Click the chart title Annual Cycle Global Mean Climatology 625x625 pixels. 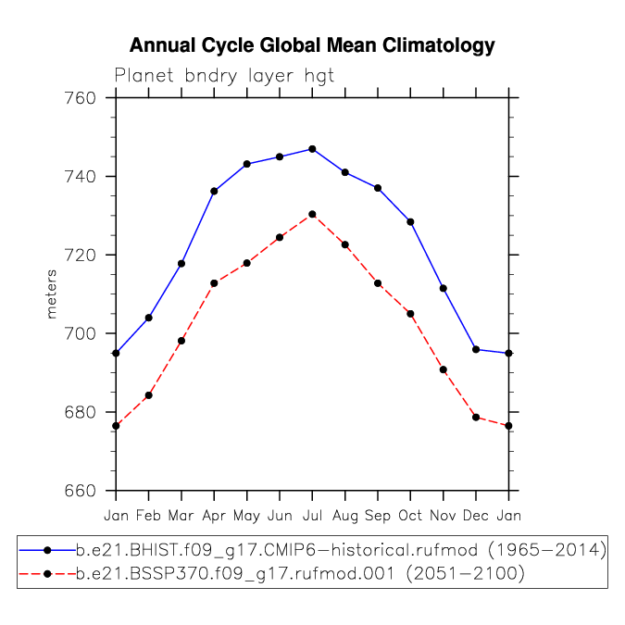pos(312,45)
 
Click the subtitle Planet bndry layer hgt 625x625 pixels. pos(224,76)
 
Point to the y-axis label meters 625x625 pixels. pos(52,294)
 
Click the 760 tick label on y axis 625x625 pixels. pos(81,98)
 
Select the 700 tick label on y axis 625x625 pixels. pos(81,333)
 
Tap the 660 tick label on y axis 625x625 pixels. pos(81,491)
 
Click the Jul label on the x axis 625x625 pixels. pos(312,516)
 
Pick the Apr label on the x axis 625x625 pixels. pos(214,516)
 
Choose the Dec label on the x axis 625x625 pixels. pos(476,516)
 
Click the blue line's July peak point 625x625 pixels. pos(313,149)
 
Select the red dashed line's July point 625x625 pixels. pos(313,215)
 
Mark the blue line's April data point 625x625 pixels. pos(214,192)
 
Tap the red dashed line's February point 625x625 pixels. pos(149,395)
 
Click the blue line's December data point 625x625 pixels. pos(476,350)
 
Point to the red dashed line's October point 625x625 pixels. pos(410,314)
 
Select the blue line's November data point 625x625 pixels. pos(444,289)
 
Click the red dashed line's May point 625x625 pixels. pos(246,263)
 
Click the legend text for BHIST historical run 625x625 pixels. pos(341,550)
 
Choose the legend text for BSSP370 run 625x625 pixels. pos(300,574)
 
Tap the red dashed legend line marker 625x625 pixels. pos(47,574)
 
